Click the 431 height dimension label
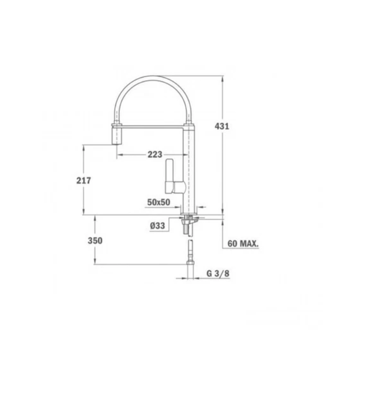[x=222, y=126]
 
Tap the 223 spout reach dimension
[x=155, y=155]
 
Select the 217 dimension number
[x=83, y=181]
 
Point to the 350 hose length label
[x=95, y=241]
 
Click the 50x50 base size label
[x=159, y=203]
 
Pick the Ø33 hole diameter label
[x=157, y=226]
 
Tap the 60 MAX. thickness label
[x=243, y=243]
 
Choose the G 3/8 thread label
[x=218, y=273]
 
